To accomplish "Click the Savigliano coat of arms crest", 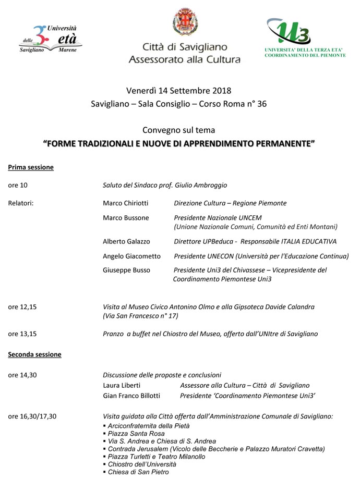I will [185, 22].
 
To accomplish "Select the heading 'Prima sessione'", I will [31, 167].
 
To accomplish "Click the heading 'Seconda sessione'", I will [34, 354].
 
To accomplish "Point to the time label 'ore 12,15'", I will [22, 307].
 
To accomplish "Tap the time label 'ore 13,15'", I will [22, 334].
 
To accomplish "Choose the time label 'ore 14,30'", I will [22, 375].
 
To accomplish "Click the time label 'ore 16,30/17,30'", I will [32, 416].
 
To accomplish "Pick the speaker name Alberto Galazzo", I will [126, 241].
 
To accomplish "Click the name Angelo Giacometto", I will [131, 256].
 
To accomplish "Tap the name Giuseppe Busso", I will [126, 270].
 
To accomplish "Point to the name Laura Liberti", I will [122, 385].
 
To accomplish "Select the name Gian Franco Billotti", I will [131, 396].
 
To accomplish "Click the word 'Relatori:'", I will [21, 203].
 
